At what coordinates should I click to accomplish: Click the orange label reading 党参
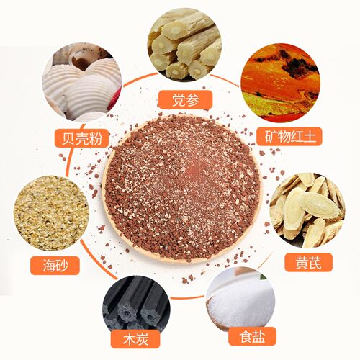click(185, 99)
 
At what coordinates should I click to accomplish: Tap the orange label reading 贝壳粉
click(82, 138)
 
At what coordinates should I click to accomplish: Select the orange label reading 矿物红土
click(289, 136)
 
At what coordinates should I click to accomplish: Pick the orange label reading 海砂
click(55, 265)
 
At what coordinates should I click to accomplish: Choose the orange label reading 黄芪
click(309, 263)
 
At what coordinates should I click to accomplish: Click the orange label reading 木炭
click(135, 339)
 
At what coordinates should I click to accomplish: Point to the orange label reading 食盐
click(252, 336)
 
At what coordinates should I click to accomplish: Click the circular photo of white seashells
click(82, 82)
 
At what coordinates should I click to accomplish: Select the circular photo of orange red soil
click(280, 83)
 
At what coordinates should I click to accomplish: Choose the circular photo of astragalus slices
click(307, 210)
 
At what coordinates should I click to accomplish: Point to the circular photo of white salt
click(240, 301)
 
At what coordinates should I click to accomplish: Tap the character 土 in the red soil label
click(310, 136)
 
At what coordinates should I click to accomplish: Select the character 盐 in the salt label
click(258, 336)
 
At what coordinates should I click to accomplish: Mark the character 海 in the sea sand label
click(49, 266)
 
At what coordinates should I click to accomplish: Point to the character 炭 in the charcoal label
click(142, 339)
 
